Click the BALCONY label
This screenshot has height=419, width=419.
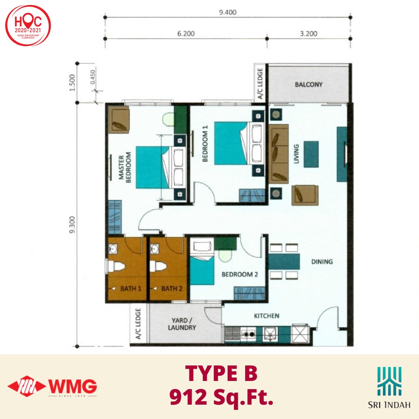(309, 85)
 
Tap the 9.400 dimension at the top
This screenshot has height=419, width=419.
(228, 12)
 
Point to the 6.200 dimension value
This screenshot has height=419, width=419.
(186, 34)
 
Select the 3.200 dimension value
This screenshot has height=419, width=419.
(309, 34)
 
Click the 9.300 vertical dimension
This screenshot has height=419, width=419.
(72, 225)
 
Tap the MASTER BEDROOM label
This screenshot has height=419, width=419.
(125, 168)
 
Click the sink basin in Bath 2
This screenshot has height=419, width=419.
(154, 249)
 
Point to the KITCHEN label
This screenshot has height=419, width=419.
(267, 316)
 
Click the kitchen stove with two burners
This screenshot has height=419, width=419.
(249, 334)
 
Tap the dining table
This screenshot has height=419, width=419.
(284, 261)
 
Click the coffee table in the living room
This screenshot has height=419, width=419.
(311, 154)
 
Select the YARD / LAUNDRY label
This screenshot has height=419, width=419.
(182, 324)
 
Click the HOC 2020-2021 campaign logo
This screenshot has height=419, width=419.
(28, 26)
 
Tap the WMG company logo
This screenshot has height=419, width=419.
(52, 386)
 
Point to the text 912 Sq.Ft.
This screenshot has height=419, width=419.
(222, 397)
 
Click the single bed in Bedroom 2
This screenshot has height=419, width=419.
(202, 263)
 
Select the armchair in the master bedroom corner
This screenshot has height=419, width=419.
(119, 119)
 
